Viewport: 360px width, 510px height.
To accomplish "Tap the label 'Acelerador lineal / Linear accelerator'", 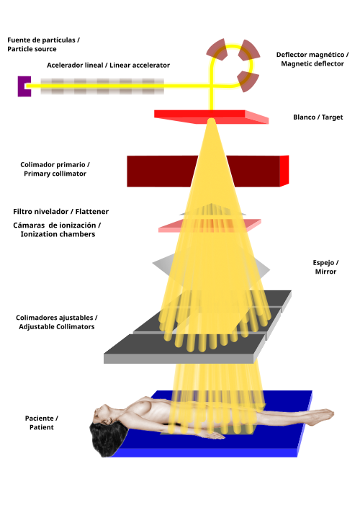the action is coord(108,66).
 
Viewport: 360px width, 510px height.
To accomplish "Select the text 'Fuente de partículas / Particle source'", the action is coord(44,45).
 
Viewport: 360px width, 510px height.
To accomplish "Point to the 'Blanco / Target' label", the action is coord(318,117).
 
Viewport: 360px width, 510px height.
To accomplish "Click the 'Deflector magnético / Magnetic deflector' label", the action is coord(312,59).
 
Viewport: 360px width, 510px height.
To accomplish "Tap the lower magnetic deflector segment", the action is coord(248,81).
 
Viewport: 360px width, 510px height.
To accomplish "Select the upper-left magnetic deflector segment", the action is coord(216,50).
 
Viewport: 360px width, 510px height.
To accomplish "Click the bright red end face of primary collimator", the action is coord(284,171).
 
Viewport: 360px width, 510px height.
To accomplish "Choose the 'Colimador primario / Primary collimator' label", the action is coord(55,169).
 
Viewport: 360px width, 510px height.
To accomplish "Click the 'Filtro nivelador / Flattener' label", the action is coord(60,212).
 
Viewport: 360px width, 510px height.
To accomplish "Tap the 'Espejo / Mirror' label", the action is coord(325,267).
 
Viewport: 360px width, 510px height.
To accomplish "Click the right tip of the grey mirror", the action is coord(269,270).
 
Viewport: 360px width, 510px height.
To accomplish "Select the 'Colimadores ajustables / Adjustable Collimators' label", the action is coord(57,322).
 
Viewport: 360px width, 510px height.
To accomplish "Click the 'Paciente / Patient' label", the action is coord(41,423).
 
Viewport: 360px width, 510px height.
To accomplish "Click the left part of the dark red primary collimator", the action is coord(161,171).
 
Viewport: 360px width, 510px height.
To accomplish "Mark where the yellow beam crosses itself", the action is coord(212,86).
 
